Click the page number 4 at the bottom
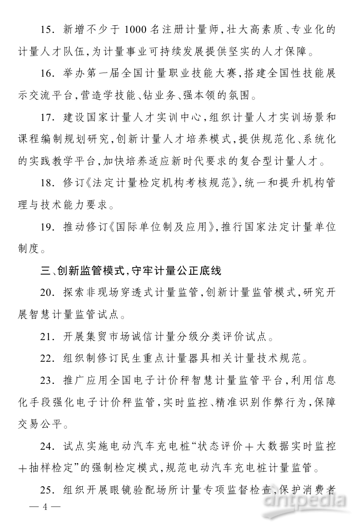pyautogui.click(x=45, y=507)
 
